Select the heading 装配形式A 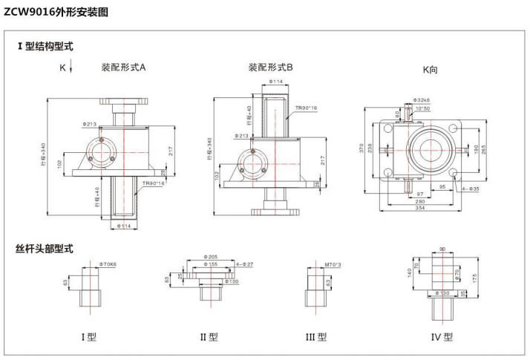[123, 68]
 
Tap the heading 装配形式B [271, 68]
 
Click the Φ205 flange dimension [211, 257]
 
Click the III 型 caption [315, 337]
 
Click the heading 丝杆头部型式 [45, 248]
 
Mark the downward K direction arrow [71, 68]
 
